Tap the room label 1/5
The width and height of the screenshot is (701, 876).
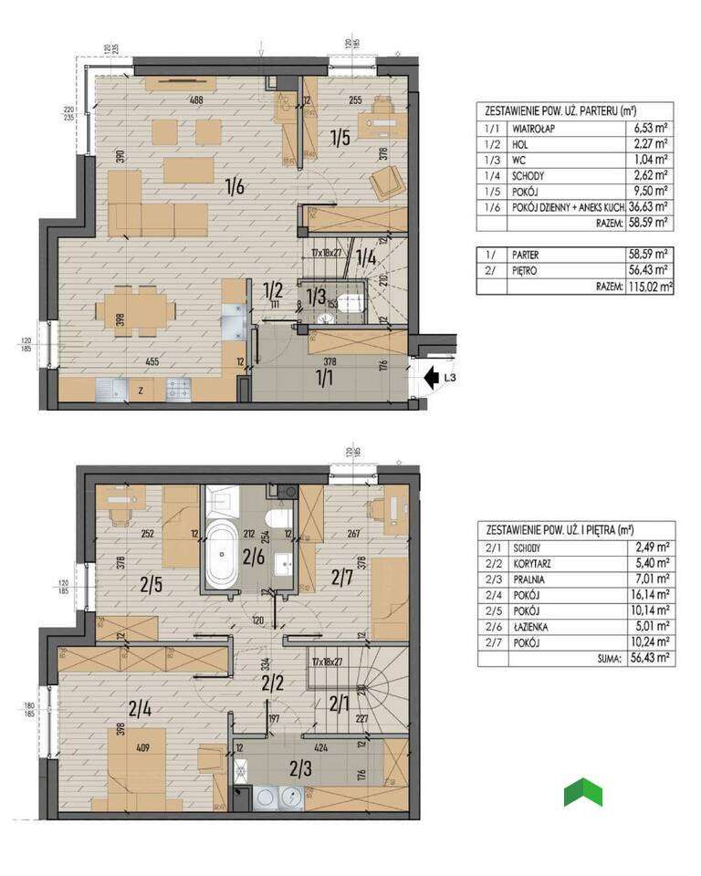click(340, 139)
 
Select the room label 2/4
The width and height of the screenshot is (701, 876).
click(140, 706)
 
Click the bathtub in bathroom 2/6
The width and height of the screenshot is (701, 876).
click(221, 556)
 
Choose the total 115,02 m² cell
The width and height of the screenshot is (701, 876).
click(649, 287)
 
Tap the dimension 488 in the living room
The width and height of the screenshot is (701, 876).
click(195, 100)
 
